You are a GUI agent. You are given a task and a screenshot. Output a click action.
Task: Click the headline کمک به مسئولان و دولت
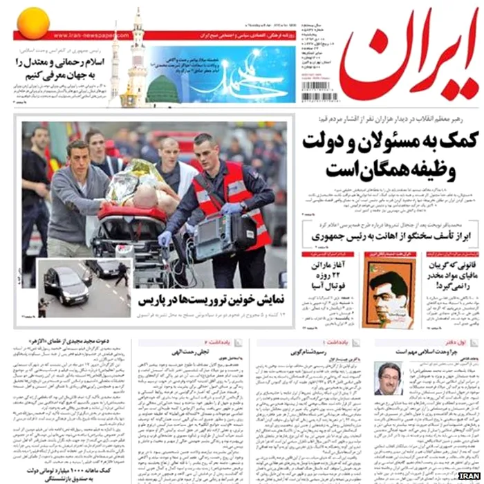pos(384,149)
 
